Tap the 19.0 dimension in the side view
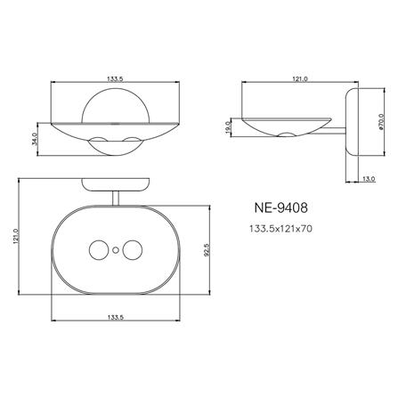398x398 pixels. coord(229,126)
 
